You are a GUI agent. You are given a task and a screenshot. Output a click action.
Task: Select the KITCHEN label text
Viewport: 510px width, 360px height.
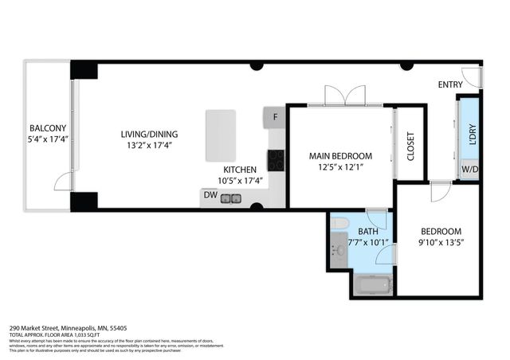click(239, 170)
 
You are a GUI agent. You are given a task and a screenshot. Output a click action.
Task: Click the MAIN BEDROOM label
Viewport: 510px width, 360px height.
click(341, 155)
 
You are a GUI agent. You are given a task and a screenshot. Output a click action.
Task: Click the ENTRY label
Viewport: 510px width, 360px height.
click(451, 84)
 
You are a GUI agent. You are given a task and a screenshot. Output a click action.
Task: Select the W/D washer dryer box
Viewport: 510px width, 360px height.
click(470, 169)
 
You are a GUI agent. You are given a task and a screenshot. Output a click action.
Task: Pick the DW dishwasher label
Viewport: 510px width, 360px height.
click(210, 194)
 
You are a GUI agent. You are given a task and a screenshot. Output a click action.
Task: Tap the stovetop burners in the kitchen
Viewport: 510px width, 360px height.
click(277, 160)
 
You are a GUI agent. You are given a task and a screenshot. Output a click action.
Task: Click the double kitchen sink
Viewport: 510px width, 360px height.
click(232, 197)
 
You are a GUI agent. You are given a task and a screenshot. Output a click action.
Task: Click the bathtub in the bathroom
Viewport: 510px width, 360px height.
click(372, 284)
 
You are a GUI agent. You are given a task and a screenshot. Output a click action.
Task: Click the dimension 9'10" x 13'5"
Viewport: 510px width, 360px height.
click(441, 242)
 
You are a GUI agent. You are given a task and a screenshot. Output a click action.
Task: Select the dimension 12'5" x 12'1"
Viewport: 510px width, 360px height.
click(341, 167)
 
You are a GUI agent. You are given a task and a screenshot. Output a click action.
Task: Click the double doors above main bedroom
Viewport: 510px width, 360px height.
click(344, 95)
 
